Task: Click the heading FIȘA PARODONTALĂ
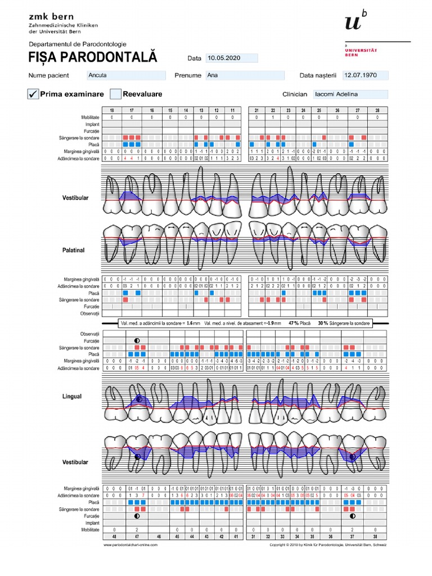click(93, 58)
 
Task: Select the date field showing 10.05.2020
click(232, 58)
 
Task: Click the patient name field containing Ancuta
click(126, 75)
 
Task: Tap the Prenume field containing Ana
click(245, 75)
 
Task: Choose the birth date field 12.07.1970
click(366, 75)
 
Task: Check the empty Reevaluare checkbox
click(116, 94)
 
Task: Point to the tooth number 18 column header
click(112, 111)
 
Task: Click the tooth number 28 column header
click(377, 111)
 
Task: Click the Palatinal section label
click(74, 250)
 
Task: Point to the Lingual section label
click(72, 397)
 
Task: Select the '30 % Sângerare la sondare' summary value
click(344, 323)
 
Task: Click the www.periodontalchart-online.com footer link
click(130, 544)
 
